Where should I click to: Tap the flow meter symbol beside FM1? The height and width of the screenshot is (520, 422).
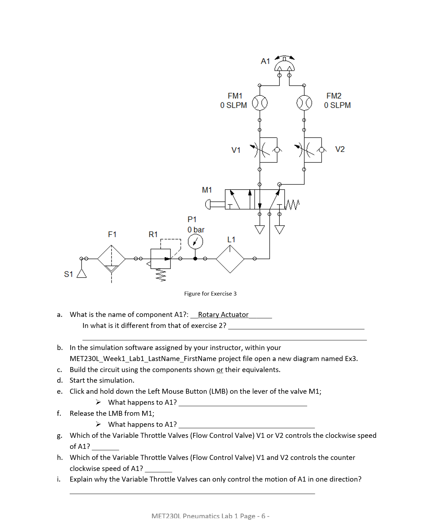coord(260,103)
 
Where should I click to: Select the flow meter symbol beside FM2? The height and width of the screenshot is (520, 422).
coord(304,103)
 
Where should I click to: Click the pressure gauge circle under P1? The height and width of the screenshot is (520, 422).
coord(195,242)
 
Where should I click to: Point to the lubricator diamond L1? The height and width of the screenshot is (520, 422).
coord(230,259)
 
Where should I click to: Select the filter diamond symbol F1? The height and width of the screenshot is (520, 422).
coord(111,259)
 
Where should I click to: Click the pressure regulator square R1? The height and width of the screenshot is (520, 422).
coord(160,259)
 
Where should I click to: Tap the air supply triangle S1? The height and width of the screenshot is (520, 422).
coord(82,273)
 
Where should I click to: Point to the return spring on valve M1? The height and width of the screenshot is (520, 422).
coord(293,204)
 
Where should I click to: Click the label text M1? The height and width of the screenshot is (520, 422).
coord(207,190)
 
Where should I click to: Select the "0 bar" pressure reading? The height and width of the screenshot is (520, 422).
coord(196,230)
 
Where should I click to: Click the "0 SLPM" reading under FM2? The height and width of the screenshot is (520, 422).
coord(337,105)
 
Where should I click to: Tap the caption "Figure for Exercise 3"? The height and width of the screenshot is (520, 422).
coord(210,293)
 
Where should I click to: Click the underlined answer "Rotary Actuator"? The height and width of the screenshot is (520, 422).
coord(223,314)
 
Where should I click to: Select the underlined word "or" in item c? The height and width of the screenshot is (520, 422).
coord(220,370)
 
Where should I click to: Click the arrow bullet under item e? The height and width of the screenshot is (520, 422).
coord(98,402)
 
